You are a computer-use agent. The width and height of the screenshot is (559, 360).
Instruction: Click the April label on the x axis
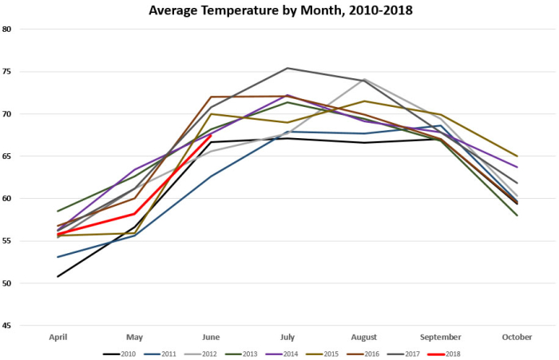[x=57, y=337]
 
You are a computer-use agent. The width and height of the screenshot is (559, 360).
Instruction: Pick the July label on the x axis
[x=287, y=337]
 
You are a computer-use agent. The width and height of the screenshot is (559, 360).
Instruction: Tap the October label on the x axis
[x=517, y=337]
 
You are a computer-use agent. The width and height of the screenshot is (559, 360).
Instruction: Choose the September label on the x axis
[x=441, y=337]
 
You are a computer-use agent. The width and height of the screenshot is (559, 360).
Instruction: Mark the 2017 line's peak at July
[x=287, y=68]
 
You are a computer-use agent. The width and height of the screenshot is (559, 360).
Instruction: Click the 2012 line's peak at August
[x=364, y=79]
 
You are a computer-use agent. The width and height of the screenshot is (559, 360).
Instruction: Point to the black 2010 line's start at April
[x=57, y=276]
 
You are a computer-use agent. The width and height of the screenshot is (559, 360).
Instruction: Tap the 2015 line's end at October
[x=517, y=156]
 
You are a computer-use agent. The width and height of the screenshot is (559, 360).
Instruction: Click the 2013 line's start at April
[x=57, y=211]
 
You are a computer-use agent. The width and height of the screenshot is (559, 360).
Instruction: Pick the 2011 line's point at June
[x=211, y=176]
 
